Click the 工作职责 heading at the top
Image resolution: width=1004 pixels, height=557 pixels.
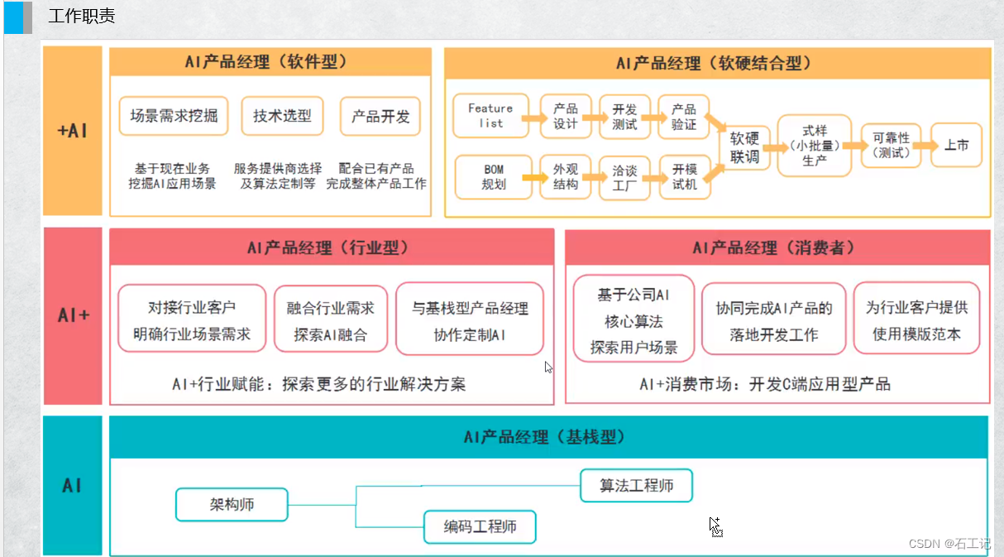point(81,16)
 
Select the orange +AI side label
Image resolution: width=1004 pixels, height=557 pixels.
point(72,131)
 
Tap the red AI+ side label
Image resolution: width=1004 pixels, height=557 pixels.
point(73,315)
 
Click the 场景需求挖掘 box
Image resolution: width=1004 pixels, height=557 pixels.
point(174,116)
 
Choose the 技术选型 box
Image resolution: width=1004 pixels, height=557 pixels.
point(282,116)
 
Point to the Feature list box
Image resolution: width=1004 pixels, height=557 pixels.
point(490,115)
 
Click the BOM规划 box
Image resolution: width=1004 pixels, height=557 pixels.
point(493,177)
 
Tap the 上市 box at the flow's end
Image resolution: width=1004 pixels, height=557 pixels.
point(956,145)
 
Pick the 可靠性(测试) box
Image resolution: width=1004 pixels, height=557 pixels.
point(891,146)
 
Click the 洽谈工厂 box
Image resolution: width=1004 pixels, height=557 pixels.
point(624,177)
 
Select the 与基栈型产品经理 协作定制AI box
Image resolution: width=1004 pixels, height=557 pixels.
point(470,321)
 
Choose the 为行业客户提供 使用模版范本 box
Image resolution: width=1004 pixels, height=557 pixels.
point(916,321)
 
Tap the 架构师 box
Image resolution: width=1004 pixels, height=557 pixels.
point(232,504)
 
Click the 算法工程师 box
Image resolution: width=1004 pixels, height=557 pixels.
point(636,485)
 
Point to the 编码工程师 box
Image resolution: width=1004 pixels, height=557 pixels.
point(480,526)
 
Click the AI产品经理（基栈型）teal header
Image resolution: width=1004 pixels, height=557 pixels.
point(548,437)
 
